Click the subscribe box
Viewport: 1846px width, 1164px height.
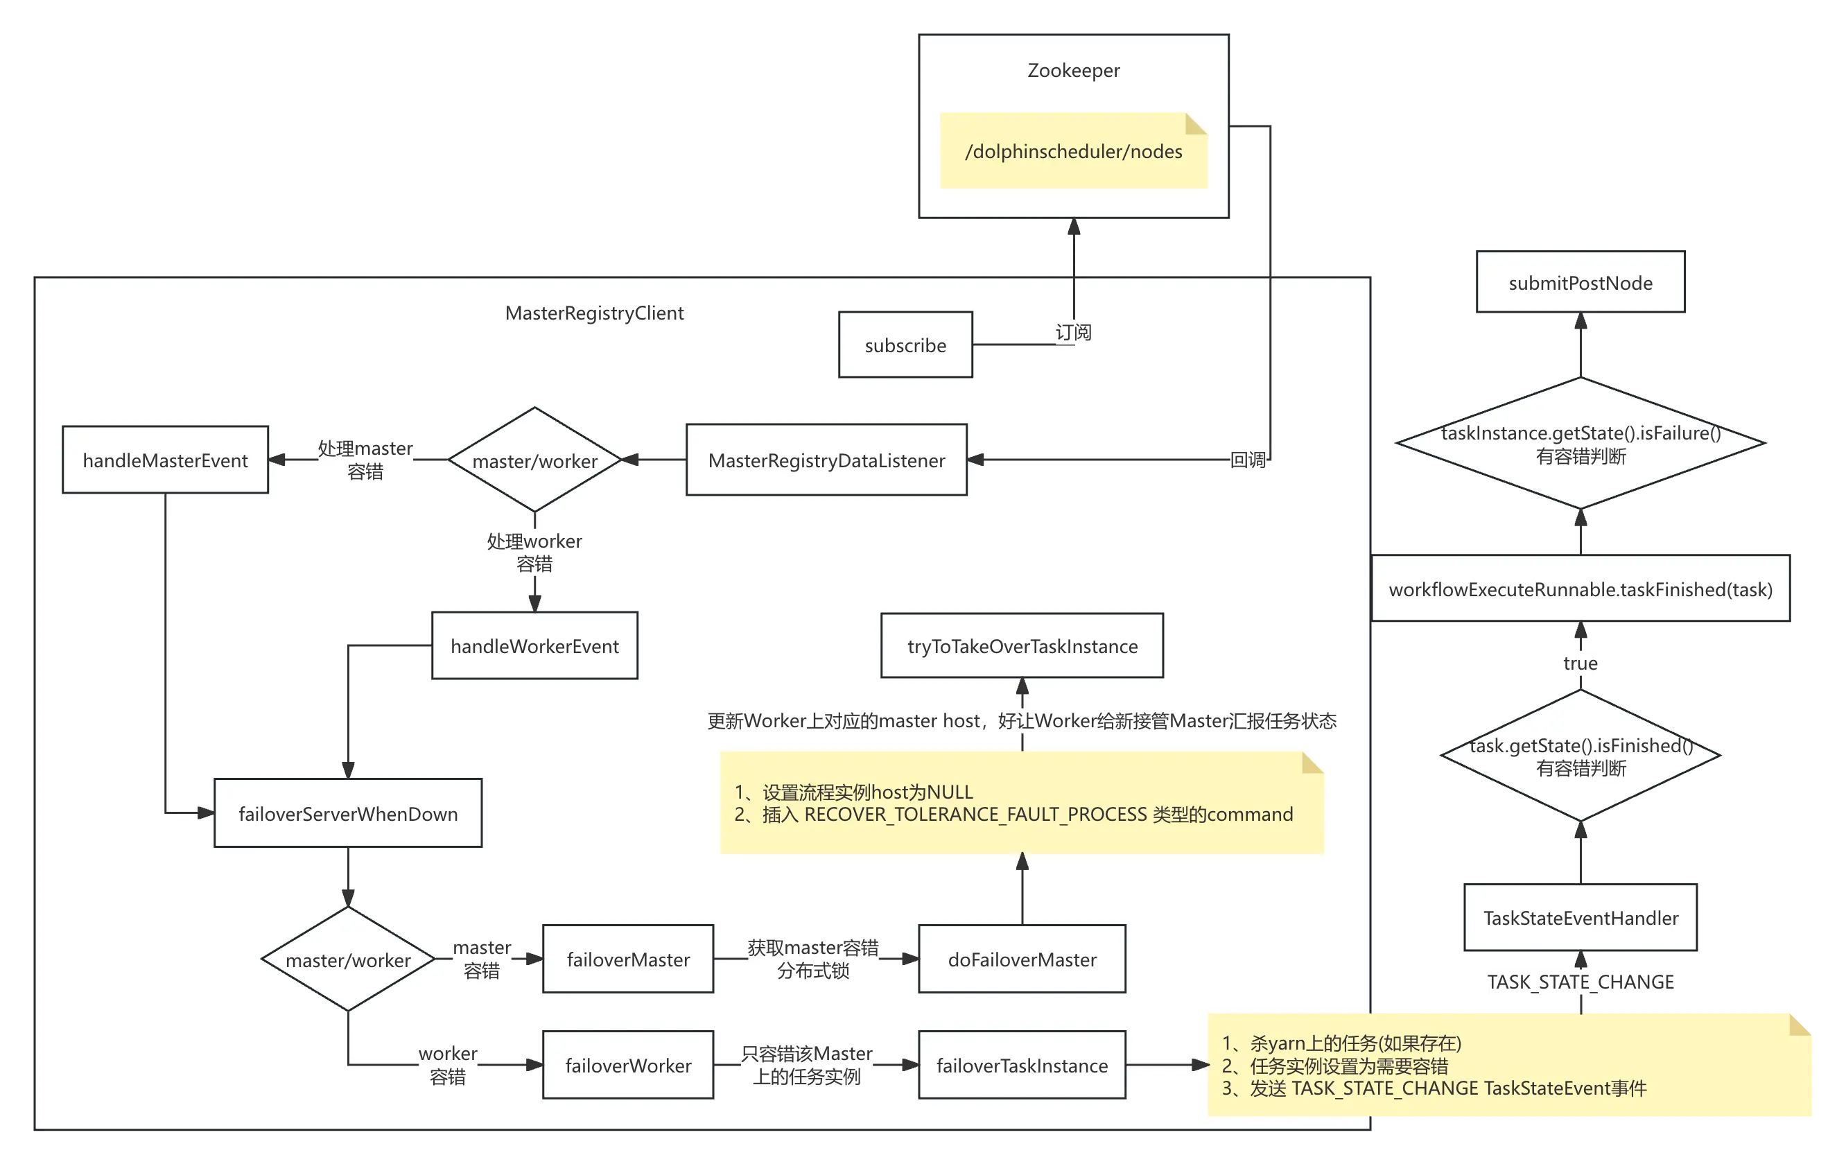click(x=905, y=345)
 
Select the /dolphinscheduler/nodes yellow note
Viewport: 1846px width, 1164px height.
click(x=1073, y=151)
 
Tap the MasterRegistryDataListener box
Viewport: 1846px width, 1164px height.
click(x=826, y=460)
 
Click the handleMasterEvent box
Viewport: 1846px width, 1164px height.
click(x=165, y=460)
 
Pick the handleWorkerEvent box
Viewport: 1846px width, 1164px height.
click(x=534, y=645)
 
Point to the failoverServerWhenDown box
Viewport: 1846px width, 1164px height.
click(x=348, y=814)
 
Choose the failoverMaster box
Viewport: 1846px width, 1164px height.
click(x=628, y=959)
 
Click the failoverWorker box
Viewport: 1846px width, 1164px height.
click(x=628, y=1065)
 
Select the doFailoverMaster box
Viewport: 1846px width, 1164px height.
click(x=1022, y=959)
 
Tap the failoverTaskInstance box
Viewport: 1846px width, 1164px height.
click(x=1022, y=1065)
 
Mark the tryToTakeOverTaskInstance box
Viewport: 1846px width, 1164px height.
click(x=1022, y=645)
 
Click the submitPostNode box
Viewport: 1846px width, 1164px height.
click(x=1580, y=283)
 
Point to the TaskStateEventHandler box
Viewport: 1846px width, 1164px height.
click(x=1581, y=918)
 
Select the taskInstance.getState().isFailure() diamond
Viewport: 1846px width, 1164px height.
click(x=1581, y=444)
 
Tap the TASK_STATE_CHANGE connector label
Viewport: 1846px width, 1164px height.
click(x=1580, y=982)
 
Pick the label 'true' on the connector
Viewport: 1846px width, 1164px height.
click(x=1580, y=663)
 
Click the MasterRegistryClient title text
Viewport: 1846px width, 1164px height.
click(x=594, y=313)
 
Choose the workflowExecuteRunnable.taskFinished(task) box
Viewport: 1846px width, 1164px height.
click(x=1580, y=589)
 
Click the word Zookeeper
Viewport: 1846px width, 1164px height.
click(x=1073, y=71)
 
